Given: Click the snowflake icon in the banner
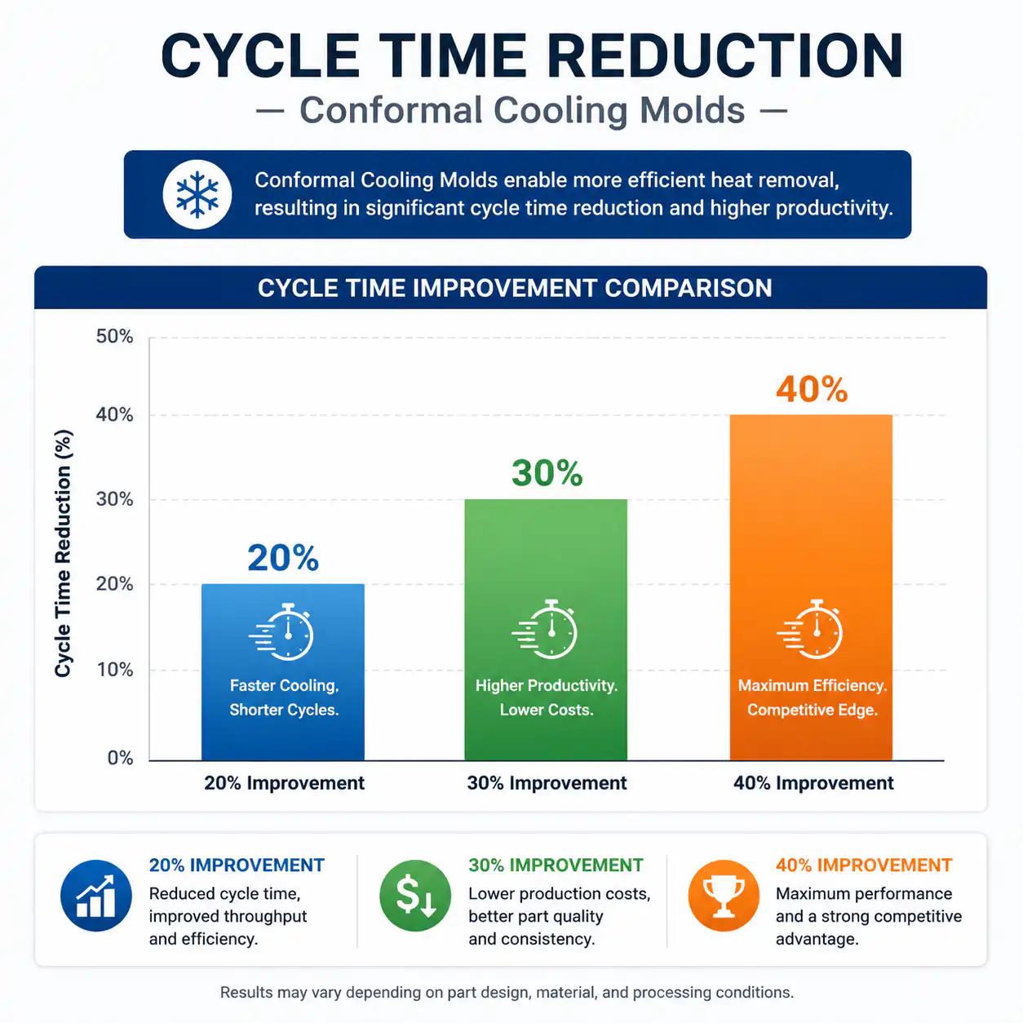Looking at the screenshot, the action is point(197,194).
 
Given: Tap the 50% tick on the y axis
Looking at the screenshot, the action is point(114,336).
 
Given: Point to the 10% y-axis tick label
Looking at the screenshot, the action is point(114,670).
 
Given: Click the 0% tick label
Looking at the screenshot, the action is point(120,758).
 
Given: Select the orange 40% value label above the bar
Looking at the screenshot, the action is point(812,389).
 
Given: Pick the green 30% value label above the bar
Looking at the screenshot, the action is point(547,473).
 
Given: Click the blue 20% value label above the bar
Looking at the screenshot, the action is point(283,557).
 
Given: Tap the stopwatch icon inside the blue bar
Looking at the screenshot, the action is point(281,631).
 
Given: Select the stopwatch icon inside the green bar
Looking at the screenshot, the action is point(544,630).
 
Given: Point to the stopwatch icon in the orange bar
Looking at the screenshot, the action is point(809,630).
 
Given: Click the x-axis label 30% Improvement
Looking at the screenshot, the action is point(547,783).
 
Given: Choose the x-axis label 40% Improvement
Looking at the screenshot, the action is point(813,783).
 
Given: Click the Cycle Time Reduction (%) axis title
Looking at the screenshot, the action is point(63,553).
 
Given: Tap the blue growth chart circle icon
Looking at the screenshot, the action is point(96,896).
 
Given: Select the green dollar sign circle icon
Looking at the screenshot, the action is point(415,896).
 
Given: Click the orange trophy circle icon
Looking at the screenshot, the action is point(724,896).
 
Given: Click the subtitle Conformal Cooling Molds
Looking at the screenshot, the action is point(522,110).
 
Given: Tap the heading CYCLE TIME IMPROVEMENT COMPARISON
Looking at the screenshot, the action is point(515,288).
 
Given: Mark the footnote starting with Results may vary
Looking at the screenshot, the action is point(507,992).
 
